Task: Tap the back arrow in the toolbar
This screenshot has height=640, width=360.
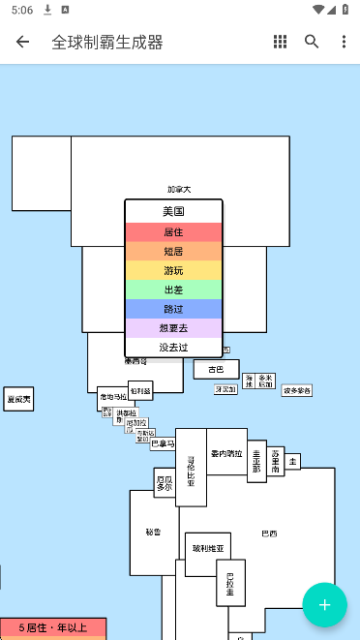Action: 23,42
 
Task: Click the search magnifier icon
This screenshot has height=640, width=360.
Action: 312,42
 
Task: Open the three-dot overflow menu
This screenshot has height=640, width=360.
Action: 344,42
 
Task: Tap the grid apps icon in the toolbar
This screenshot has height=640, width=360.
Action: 280,42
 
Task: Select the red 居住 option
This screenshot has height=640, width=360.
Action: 173,232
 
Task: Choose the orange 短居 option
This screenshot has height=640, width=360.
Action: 173,252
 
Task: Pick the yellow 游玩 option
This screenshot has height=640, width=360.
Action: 173,270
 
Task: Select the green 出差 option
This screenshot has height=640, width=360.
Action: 173,290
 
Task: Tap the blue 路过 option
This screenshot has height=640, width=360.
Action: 173,309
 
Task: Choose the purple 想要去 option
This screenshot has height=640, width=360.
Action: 173,328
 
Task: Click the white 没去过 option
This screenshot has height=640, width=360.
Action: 173,347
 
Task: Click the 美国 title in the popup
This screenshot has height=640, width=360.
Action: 173,211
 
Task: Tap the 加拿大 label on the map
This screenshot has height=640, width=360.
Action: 179,190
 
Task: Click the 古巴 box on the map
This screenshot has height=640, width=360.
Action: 216,369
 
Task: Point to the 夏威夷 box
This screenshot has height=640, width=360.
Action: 18,399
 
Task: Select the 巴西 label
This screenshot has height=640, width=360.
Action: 269,533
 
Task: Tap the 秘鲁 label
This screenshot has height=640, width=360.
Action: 153,532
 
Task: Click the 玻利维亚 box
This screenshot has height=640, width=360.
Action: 207,548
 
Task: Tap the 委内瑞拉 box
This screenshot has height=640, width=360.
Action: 227,453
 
